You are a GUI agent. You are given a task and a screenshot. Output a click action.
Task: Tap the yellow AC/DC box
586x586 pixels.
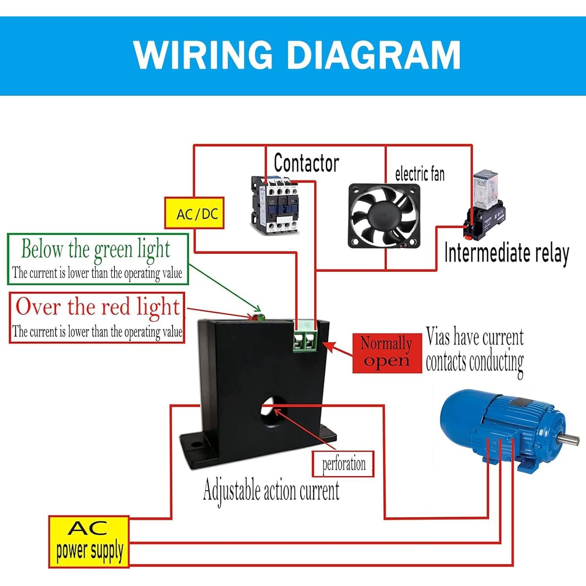click(194, 213)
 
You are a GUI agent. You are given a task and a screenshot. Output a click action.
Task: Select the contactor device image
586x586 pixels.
click(275, 205)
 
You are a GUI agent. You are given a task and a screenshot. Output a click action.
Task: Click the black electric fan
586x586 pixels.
click(384, 215)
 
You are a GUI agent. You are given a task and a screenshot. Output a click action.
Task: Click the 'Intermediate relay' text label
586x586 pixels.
click(506, 253)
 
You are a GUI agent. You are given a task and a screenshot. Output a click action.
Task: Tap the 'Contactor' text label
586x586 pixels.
click(306, 163)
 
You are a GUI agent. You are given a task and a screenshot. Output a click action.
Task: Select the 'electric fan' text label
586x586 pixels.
click(420, 174)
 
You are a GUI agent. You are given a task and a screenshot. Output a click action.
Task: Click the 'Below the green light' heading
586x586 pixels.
click(96, 249)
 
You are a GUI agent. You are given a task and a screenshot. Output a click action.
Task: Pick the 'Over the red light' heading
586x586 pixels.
click(98, 307)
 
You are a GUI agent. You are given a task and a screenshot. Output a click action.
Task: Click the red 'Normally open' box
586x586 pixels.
click(387, 353)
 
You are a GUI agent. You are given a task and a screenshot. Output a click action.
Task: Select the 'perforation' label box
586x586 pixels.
click(343, 464)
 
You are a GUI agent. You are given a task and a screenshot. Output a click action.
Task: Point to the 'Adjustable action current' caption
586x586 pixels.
click(271, 491)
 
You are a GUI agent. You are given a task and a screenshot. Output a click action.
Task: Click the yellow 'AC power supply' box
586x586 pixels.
click(89, 542)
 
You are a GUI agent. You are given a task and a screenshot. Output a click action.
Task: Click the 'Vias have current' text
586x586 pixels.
click(474, 337)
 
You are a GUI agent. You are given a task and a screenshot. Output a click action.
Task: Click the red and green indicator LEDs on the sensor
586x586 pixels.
click(257, 317)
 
